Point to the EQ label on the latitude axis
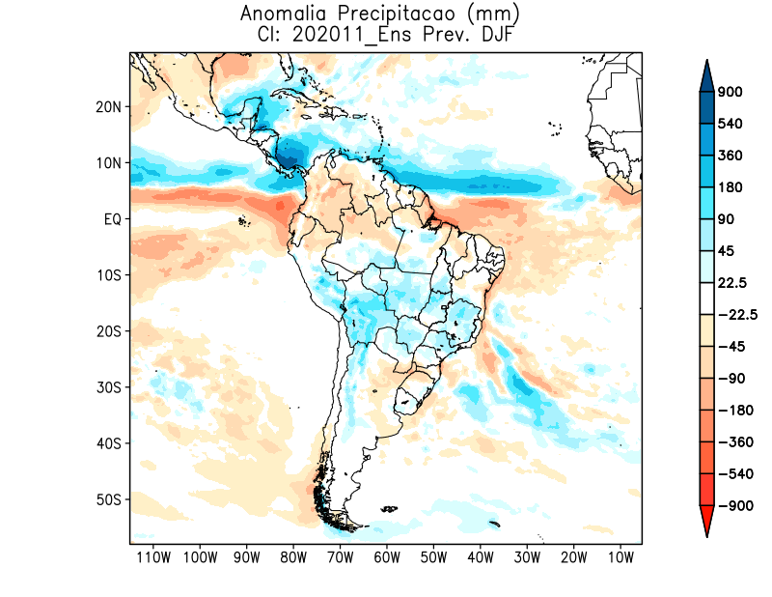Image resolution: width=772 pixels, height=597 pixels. [111, 219]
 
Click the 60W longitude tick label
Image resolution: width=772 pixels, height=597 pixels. [387, 557]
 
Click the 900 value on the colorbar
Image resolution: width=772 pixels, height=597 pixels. [730, 92]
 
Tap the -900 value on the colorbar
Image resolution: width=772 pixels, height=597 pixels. [732, 505]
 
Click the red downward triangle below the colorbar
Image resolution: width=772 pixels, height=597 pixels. [706, 522]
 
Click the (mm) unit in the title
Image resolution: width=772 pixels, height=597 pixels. [478, 14]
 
